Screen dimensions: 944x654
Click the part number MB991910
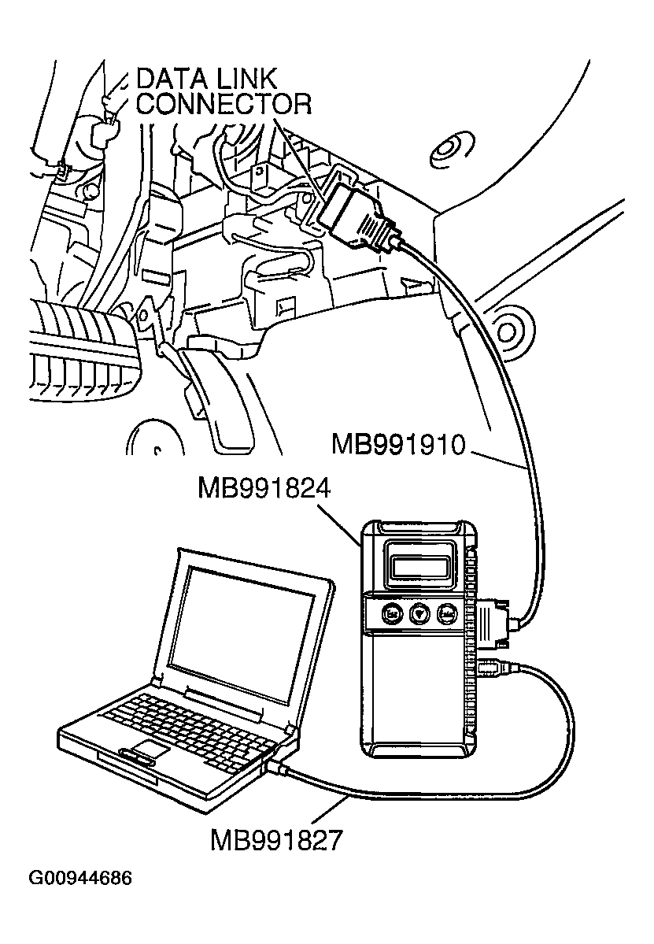pyautogui.click(x=399, y=446)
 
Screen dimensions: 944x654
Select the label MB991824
pyautogui.click(x=264, y=490)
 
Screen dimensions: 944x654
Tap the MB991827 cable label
pyautogui.click(x=276, y=840)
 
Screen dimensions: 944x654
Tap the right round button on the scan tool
pyautogui.click(x=448, y=613)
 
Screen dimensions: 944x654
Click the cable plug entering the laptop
pyautogui.click(x=277, y=764)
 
